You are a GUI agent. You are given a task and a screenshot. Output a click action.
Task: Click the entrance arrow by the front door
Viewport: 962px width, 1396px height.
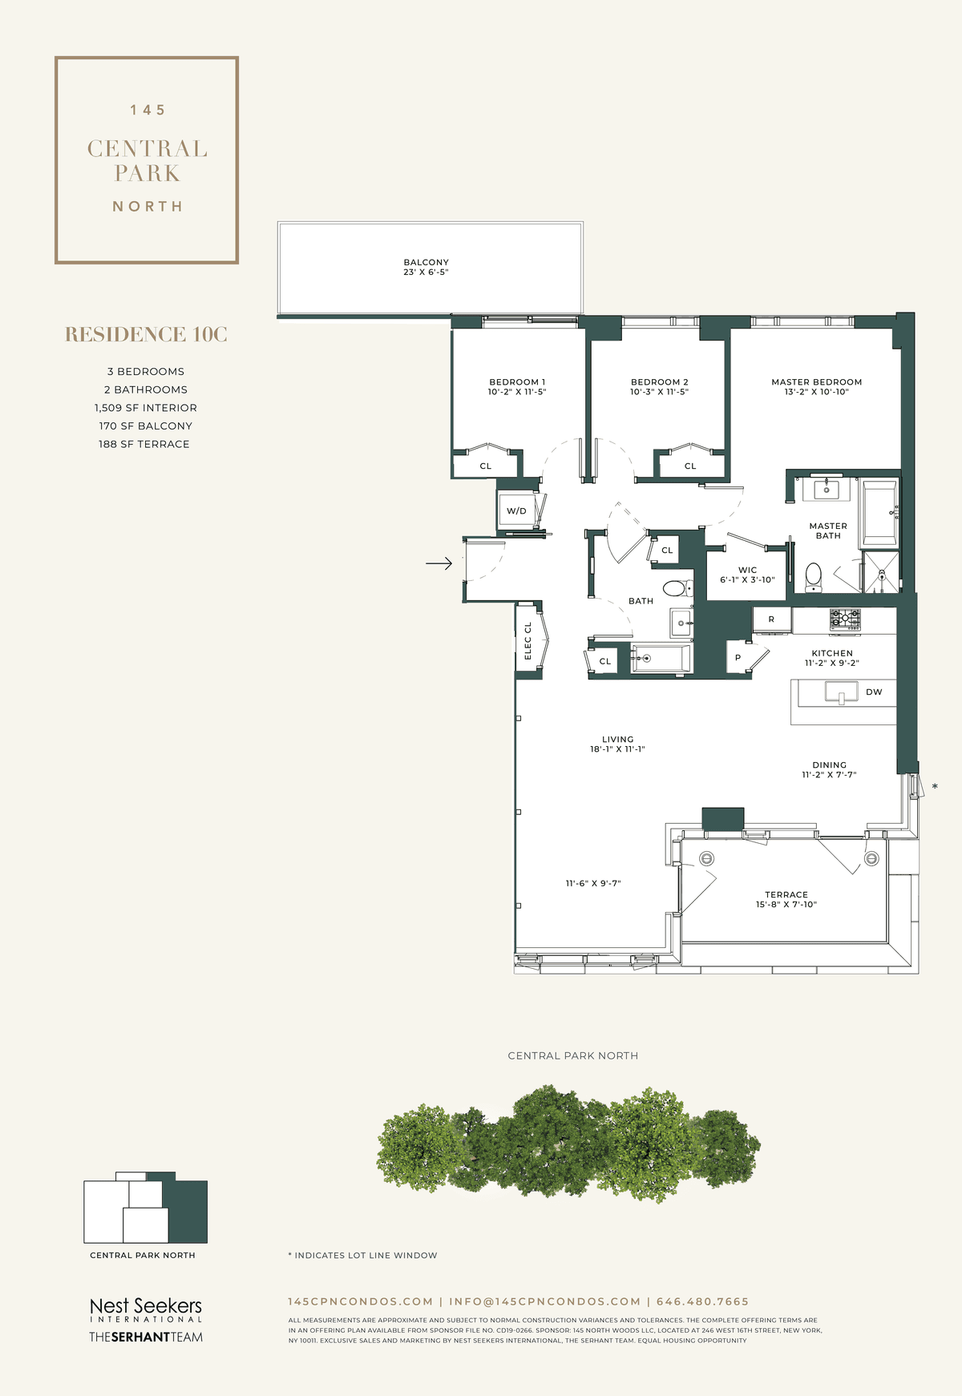click(x=439, y=564)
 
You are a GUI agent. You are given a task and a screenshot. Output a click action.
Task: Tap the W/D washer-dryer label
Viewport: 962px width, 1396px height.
click(x=516, y=511)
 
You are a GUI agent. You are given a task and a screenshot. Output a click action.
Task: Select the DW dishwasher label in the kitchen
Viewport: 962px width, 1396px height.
click(x=874, y=692)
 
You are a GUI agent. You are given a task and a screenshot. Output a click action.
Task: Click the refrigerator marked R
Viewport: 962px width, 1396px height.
click(x=771, y=619)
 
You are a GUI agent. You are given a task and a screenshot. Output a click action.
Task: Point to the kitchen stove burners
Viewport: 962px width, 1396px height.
click(x=845, y=619)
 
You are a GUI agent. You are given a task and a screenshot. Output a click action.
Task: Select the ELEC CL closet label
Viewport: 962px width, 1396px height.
click(x=527, y=640)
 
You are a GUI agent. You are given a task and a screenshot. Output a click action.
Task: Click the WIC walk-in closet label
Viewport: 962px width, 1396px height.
click(x=747, y=570)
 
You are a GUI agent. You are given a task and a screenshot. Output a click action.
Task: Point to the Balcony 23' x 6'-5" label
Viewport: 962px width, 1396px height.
click(x=426, y=267)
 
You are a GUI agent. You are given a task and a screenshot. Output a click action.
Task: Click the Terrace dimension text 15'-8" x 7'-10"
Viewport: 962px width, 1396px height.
click(x=786, y=904)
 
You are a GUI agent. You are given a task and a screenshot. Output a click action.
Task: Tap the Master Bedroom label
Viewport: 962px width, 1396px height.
click(x=817, y=382)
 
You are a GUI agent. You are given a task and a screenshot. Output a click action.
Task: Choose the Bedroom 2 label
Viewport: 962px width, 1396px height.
click(x=660, y=382)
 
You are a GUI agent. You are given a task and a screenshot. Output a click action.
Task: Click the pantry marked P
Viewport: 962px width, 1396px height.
click(x=738, y=658)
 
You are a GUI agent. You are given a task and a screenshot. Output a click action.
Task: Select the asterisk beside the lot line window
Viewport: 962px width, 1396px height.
click(x=935, y=787)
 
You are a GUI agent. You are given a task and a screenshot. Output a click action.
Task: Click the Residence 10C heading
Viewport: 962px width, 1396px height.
click(x=147, y=334)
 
